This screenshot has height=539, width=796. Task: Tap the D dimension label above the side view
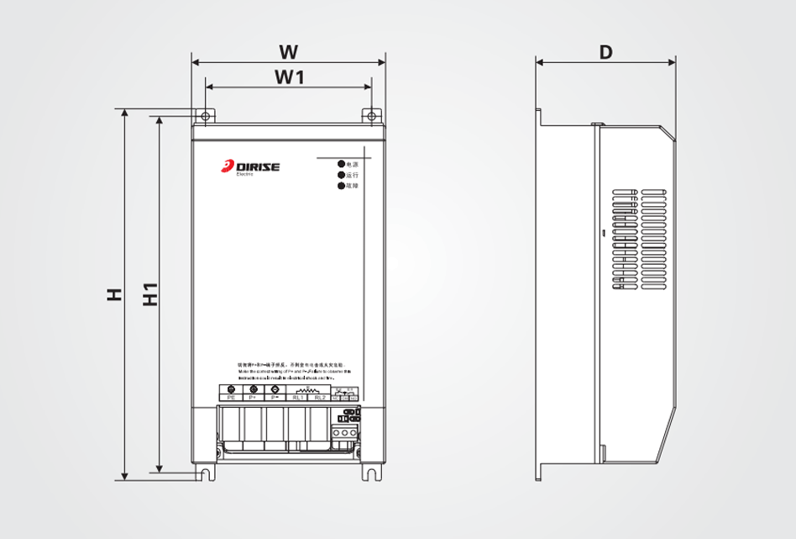tap(605, 51)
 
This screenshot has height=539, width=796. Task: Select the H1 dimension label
tap(150, 294)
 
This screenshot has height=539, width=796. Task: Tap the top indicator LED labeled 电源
tap(341, 164)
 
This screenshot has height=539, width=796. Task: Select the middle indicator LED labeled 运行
tap(341, 174)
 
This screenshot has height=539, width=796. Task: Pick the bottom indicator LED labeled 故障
tap(341, 185)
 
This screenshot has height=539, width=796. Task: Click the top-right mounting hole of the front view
tap(371, 115)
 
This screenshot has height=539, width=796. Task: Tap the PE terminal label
tap(232, 398)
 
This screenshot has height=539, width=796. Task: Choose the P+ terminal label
tap(254, 398)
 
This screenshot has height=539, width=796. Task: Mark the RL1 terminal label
tap(297, 398)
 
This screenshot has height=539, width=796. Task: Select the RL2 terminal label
tap(320, 398)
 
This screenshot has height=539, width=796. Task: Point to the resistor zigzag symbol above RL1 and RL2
tap(308, 390)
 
